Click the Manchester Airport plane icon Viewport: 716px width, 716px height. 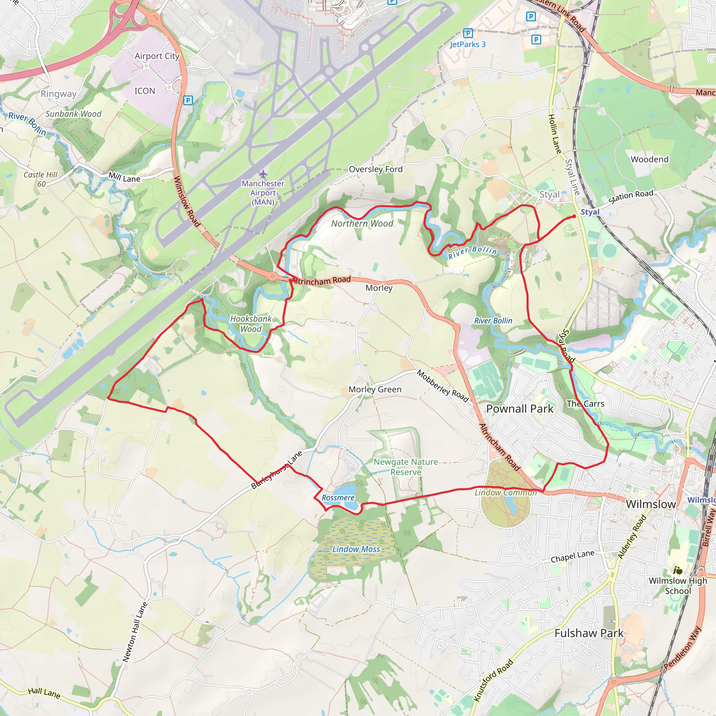tap(263, 173)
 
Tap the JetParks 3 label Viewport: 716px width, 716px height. tap(467, 44)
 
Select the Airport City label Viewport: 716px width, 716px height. tap(157, 56)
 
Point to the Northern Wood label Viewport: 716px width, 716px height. tap(362, 223)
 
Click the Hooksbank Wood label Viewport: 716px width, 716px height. tap(251, 324)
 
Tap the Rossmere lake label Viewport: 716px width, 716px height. tap(338, 498)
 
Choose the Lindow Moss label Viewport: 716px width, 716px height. tap(356, 549)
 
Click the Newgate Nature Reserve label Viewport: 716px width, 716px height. tap(406, 467)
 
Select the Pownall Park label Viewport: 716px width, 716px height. tap(520, 409)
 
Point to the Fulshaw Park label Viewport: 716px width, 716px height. tap(589, 633)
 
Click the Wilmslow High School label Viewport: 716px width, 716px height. tap(678, 586)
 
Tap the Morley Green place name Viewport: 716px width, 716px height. tap(375, 389)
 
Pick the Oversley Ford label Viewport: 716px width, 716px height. tap(375, 169)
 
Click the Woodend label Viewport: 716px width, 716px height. tap(650, 159)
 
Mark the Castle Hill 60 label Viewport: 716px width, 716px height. tap(41, 179)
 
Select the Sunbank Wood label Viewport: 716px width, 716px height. tap(73, 114)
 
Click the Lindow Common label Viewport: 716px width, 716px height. tap(506, 493)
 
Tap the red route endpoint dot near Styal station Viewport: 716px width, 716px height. tap(574, 216)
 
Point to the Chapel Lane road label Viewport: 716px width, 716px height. tap(572, 556)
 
